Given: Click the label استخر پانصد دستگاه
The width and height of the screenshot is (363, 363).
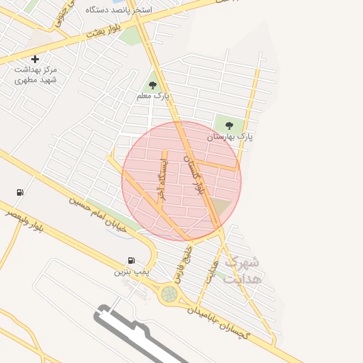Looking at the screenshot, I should pyautogui.click(x=128, y=11).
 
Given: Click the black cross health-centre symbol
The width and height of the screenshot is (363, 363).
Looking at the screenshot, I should pyautogui.click(x=35, y=59).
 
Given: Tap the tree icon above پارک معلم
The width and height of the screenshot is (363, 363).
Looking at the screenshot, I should pyautogui.click(x=152, y=85).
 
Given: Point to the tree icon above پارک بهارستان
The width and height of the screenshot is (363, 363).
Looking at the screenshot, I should pyautogui.click(x=229, y=125).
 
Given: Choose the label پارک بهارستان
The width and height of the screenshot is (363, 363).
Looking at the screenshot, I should pyautogui.click(x=230, y=135).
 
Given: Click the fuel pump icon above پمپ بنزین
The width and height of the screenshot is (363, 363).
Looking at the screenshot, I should pyautogui.click(x=131, y=261).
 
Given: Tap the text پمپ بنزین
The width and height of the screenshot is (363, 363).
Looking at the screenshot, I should pyautogui.click(x=132, y=272).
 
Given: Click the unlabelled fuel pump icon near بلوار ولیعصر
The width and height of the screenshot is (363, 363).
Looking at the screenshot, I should pyautogui.click(x=19, y=192).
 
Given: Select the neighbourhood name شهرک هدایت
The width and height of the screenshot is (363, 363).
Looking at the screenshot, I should pyautogui.click(x=242, y=270).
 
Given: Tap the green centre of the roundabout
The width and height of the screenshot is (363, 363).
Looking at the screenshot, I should pyautogui.click(x=169, y=293).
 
